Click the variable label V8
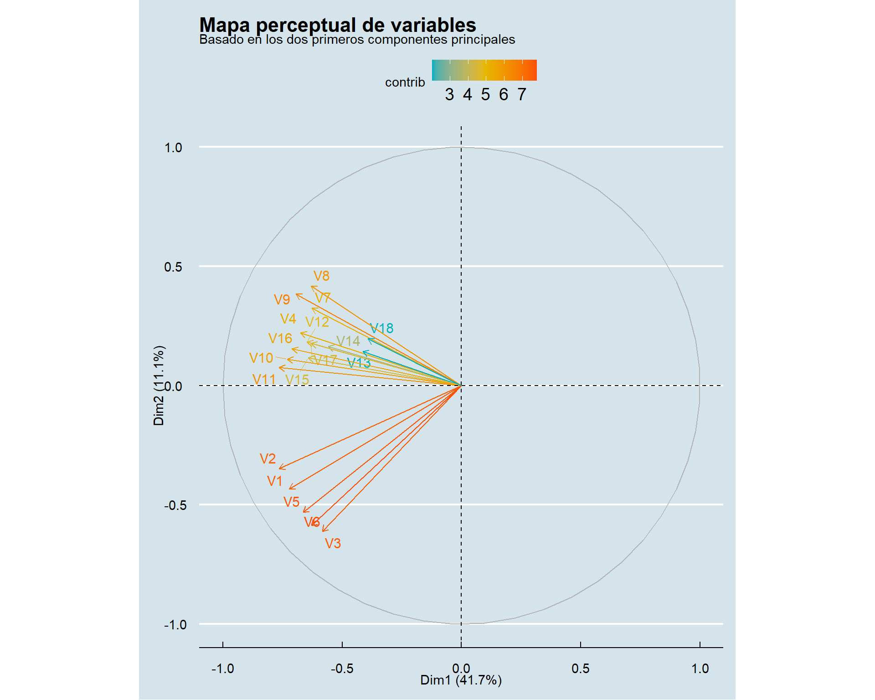coord(321,276)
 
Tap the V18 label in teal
coord(381,328)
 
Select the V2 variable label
coord(268,458)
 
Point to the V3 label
coord(333,543)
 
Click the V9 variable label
coord(282,299)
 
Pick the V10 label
coord(261,358)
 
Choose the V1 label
coord(275,481)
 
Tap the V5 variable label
coord(291,502)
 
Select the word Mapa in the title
coord(225,25)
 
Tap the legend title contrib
coord(405,82)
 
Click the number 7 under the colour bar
coord(522,94)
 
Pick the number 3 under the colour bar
coord(449,94)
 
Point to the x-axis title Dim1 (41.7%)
coord(461,680)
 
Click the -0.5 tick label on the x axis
coord(342,669)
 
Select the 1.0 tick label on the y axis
coord(173,148)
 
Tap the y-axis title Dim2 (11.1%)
coord(159,386)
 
